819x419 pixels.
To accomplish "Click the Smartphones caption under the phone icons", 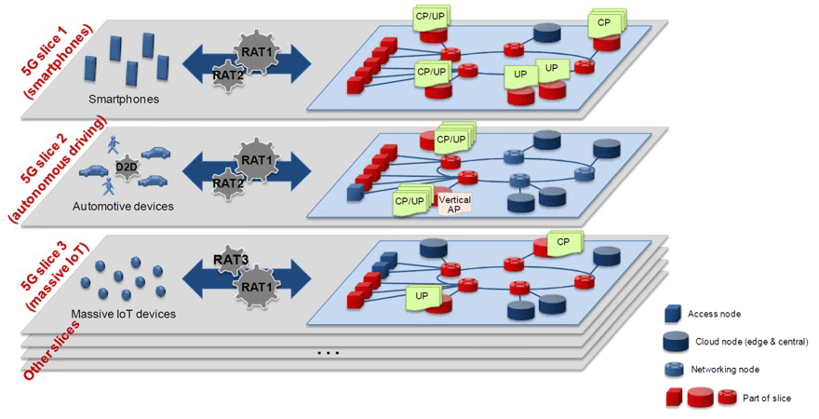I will [123, 98].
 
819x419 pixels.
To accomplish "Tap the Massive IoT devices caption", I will [123, 314].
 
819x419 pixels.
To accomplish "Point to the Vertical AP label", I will [454, 203].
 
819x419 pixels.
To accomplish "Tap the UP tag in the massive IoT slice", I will [420, 296].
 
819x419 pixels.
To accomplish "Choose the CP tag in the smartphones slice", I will [603, 22].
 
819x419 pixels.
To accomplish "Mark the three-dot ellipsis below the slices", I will [328, 353].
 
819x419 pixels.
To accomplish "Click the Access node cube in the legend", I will [675, 315].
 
